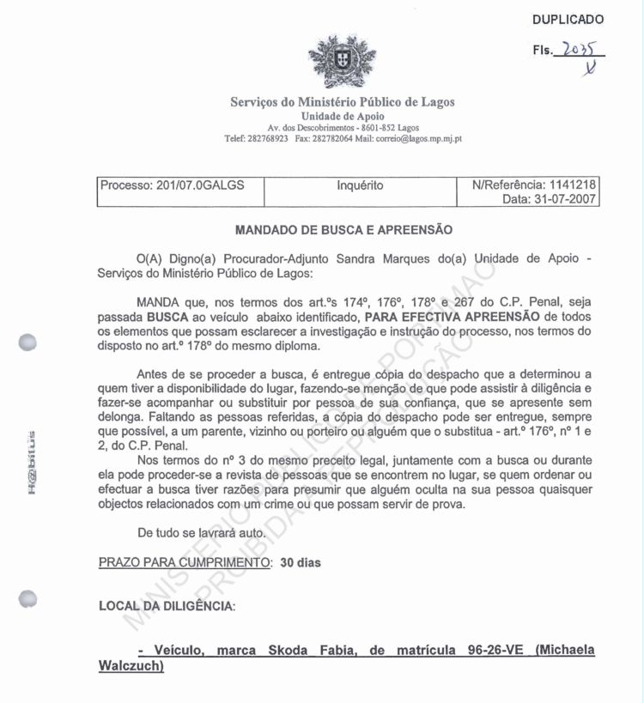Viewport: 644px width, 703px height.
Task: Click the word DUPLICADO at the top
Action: (568, 20)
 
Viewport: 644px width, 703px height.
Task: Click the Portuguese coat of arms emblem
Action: (330, 62)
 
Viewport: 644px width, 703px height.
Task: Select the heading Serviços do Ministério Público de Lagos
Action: (343, 102)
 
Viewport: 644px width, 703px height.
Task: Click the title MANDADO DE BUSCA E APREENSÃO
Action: (343, 230)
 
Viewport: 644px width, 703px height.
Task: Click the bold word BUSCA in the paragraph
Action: (167, 316)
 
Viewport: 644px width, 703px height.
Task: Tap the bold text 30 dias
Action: (300, 563)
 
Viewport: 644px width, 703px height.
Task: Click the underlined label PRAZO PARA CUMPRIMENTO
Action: (185, 563)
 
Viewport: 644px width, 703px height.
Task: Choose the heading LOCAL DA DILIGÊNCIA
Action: (166, 606)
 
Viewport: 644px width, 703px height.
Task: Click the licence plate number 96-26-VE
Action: (489, 651)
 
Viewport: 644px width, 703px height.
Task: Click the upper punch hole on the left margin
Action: (29, 341)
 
